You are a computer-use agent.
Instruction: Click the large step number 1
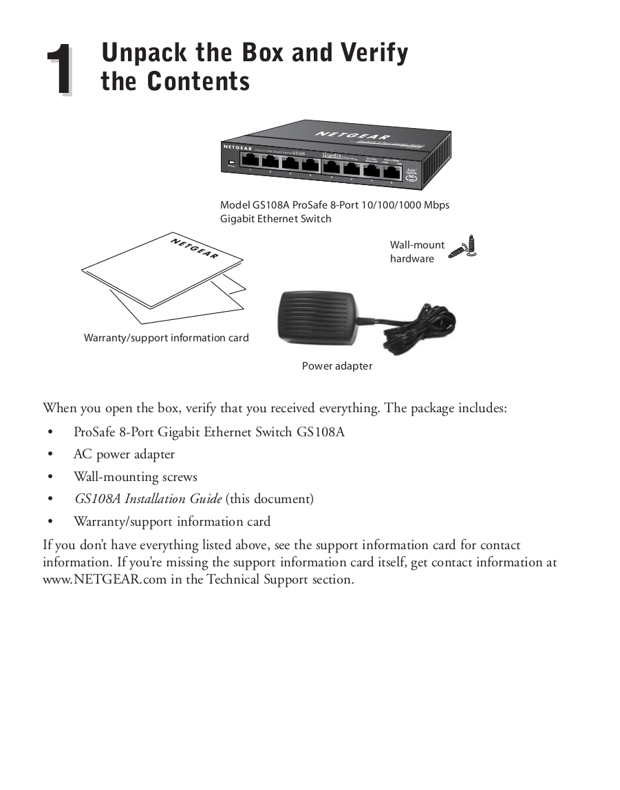[x=59, y=70]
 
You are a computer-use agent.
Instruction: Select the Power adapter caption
[x=336, y=366]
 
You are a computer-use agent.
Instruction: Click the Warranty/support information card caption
[x=166, y=338]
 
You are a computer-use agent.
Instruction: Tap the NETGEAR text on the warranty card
[x=194, y=247]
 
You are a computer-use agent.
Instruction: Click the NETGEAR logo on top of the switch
[x=352, y=137]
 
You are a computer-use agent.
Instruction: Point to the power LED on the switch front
[x=231, y=164]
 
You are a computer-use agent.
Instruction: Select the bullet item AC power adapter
[x=124, y=455]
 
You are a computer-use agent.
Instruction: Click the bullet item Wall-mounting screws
[x=135, y=477]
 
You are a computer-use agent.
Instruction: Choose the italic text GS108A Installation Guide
[x=147, y=499]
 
